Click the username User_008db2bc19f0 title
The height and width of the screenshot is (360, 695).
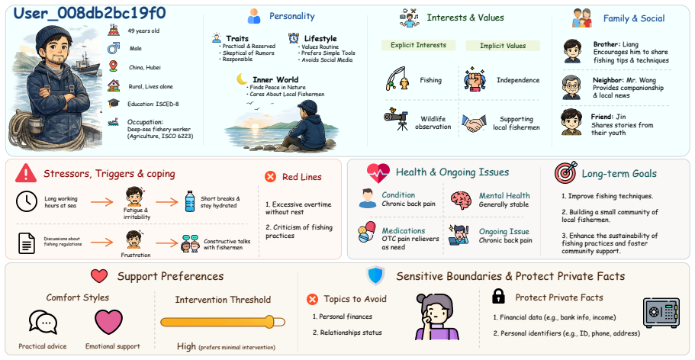tap(89, 13)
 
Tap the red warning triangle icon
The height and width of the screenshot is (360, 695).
tap(26, 173)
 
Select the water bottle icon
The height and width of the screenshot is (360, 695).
tap(190, 201)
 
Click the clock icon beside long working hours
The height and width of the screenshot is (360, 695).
tap(27, 201)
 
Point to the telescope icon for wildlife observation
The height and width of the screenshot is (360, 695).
tap(396, 119)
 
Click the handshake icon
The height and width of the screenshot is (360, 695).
tap(474, 123)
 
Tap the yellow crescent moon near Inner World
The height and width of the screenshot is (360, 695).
tap(242, 79)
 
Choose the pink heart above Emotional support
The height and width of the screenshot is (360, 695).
tap(108, 322)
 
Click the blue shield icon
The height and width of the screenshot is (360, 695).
tap(375, 276)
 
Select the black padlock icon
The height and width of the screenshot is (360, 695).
tap(499, 297)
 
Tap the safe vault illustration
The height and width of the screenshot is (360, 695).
tap(661, 313)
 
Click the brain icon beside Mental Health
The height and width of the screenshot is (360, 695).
tap(461, 200)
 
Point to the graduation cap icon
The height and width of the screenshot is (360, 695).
tap(114, 103)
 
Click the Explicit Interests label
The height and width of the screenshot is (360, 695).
tap(418, 45)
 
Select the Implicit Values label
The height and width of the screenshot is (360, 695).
tap(503, 46)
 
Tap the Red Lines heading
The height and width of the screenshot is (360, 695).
tap(302, 177)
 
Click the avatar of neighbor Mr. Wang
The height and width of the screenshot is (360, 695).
tap(571, 88)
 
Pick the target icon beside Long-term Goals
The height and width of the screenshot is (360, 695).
tap(565, 172)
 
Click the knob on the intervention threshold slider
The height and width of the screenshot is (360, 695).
tap(269, 322)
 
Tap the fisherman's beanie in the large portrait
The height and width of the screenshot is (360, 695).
tap(54, 37)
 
